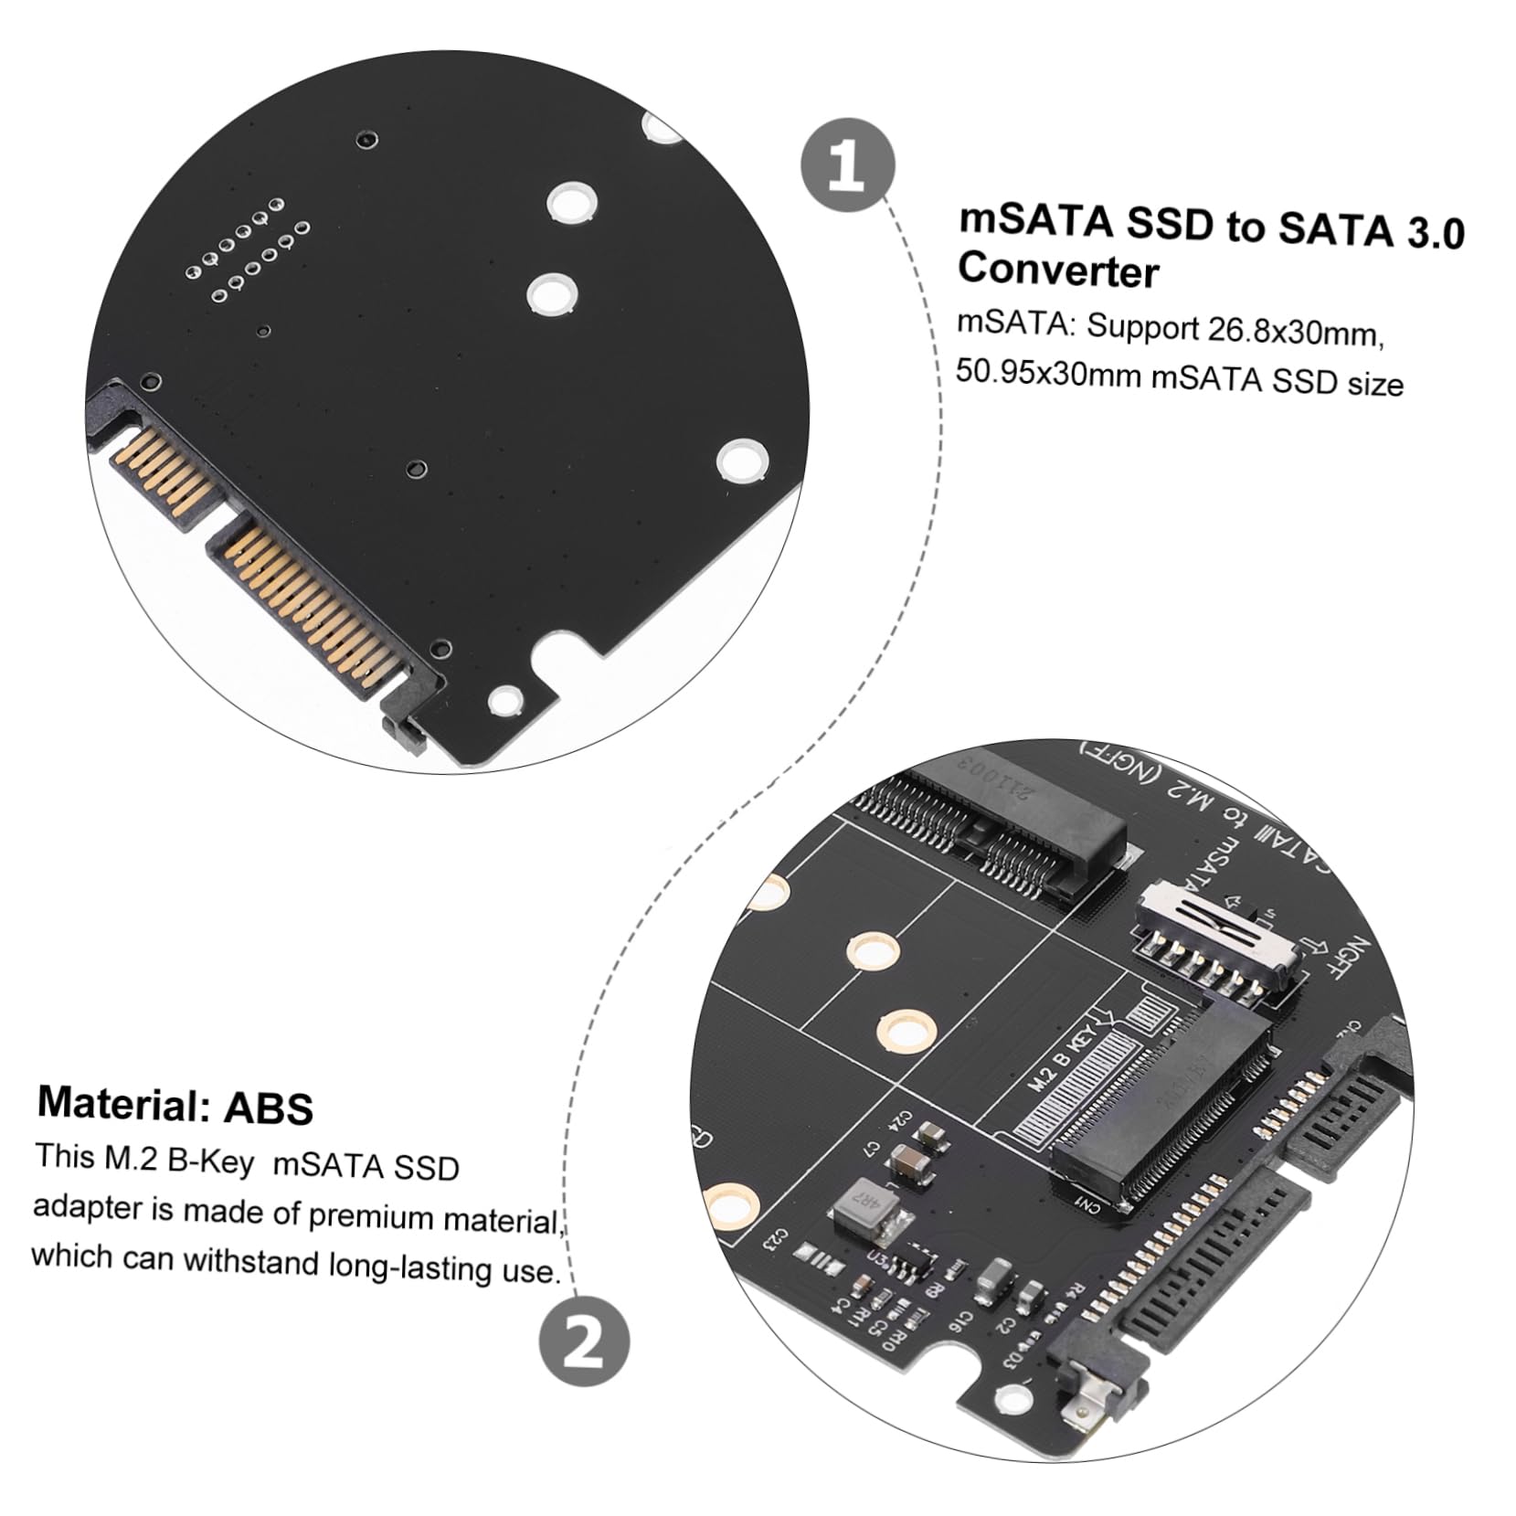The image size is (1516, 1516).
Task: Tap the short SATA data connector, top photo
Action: tap(167, 468)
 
